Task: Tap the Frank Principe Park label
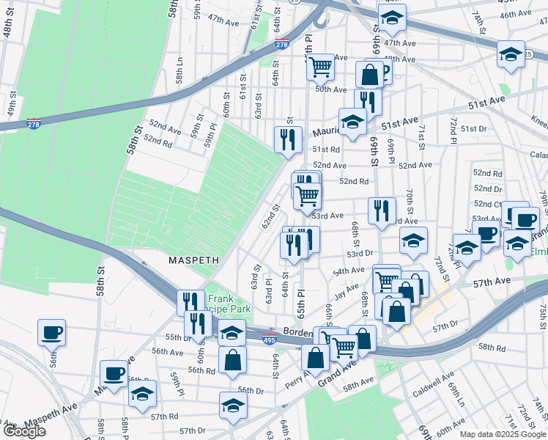pos(229,304)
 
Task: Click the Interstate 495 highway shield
pos(270,340)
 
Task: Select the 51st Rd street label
pos(326,149)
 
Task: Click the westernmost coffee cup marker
pos(52,331)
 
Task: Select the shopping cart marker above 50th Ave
pos(320,67)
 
